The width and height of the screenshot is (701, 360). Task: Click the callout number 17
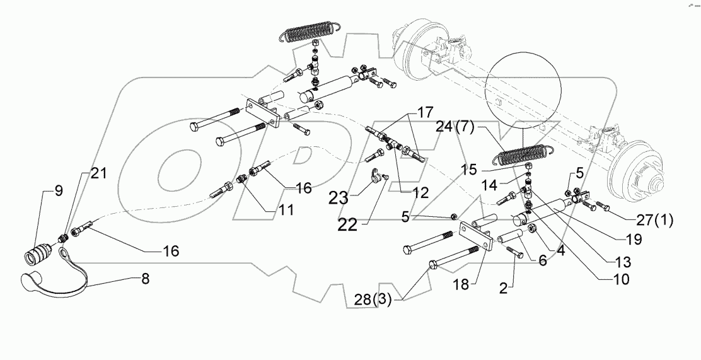[424, 113]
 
